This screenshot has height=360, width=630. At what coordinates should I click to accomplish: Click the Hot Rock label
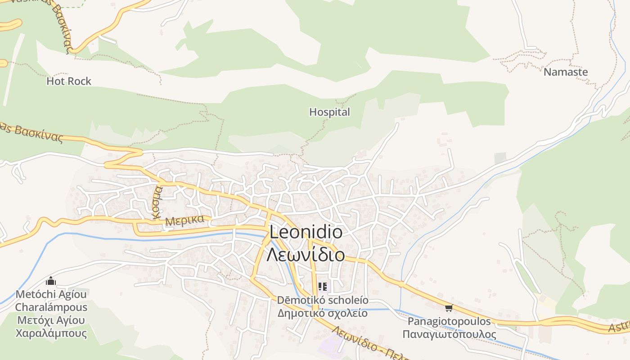pos(69,81)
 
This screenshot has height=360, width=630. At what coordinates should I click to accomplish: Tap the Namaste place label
pos(566,72)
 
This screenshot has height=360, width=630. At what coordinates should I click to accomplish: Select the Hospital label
pos(329,112)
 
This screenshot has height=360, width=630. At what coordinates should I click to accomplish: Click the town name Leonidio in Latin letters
pos(306,233)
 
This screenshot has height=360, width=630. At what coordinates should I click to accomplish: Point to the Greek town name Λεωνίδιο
pos(306,255)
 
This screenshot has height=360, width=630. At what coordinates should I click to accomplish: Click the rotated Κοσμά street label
pos(157,202)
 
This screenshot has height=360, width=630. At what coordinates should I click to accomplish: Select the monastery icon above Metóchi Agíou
pos(51,281)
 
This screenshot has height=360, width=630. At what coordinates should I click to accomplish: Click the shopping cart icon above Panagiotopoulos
pos(449,308)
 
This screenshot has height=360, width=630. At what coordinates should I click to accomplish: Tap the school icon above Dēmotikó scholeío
pos(323,286)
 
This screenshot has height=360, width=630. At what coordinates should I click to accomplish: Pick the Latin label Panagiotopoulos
pos(449,321)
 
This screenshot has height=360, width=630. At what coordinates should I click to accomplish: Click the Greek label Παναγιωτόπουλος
pos(449,334)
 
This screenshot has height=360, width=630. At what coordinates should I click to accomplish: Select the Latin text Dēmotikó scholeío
pos(322,300)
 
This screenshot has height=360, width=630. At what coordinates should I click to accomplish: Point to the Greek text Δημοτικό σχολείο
pos(322,313)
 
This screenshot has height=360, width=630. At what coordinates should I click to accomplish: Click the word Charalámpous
pos(51,307)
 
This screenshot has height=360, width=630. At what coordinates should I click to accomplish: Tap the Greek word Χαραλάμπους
pos(51,333)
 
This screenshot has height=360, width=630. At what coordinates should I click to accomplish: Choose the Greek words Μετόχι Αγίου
pos(51,320)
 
